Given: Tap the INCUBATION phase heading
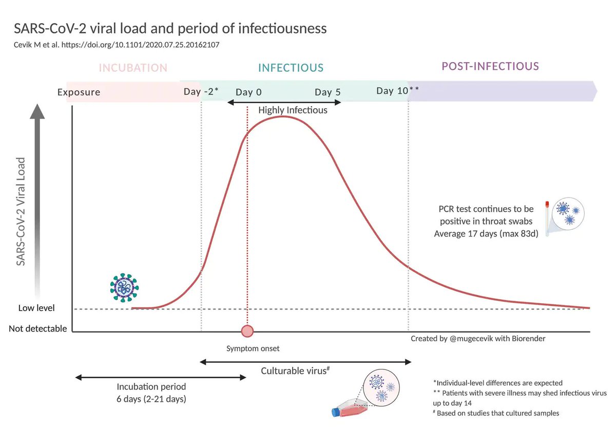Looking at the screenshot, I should (133, 68).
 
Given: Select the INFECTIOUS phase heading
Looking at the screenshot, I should (291, 68).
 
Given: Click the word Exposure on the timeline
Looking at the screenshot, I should (79, 93).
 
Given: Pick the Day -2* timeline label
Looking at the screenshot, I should (201, 92).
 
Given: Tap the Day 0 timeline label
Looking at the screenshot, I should (248, 92).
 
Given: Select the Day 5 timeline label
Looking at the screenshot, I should (328, 92).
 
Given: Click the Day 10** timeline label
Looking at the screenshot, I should (397, 91).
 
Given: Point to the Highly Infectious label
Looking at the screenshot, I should (293, 110).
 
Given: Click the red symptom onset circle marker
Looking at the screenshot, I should (247, 331).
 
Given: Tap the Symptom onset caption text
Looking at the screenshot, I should (253, 349).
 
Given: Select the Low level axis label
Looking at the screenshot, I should (36, 308).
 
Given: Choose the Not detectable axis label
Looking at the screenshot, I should (37, 328).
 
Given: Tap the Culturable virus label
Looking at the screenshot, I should (295, 371).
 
